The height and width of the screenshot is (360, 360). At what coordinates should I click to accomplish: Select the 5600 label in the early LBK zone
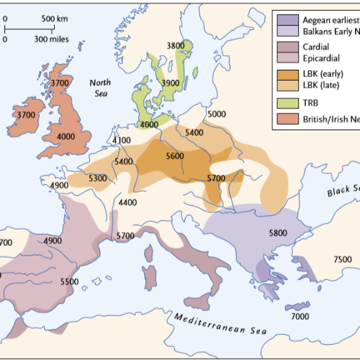tap(175, 156)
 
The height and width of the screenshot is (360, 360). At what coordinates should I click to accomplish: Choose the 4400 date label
tap(127, 202)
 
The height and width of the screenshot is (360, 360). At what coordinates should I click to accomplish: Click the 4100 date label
tap(122, 140)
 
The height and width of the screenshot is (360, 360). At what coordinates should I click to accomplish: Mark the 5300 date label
tap(98, 178)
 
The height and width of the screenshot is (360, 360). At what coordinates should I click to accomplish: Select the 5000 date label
tap(216, 114)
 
